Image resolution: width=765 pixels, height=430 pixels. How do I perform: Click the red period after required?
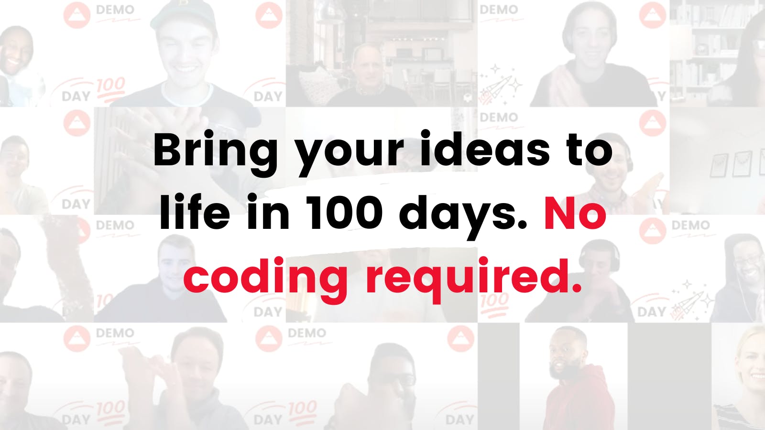click(576, 289)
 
